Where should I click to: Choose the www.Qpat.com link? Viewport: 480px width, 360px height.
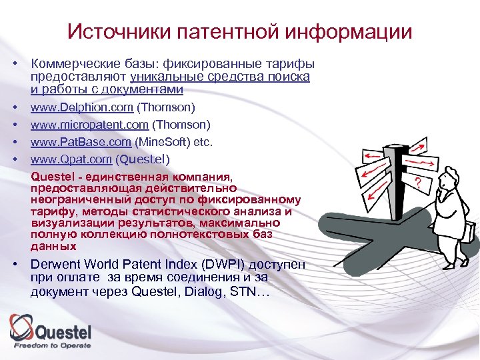64,159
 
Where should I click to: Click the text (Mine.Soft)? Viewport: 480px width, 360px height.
162,141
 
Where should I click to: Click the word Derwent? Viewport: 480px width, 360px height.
57,263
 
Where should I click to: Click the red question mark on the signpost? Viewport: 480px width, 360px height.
417,181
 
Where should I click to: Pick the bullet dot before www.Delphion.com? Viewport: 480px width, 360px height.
13,107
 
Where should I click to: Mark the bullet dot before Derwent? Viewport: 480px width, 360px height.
13,263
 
